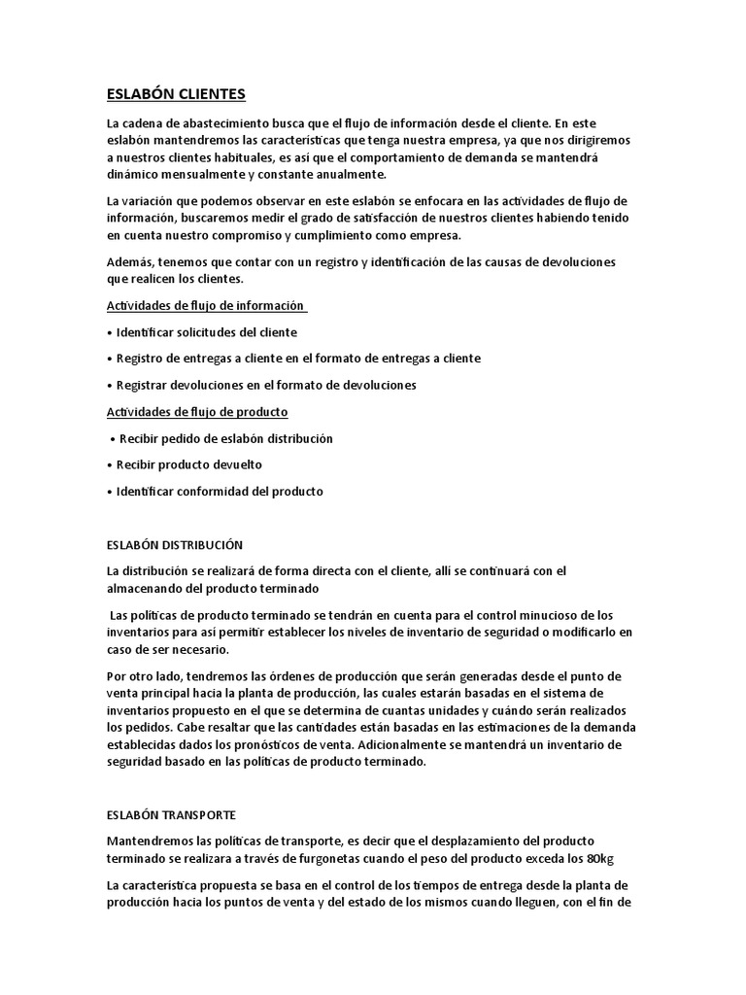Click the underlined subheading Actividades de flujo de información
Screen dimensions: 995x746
(x=205, y=306)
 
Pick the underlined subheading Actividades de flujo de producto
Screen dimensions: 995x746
(x=197, y=412)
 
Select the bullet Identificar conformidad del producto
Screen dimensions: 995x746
(x=220, y=492)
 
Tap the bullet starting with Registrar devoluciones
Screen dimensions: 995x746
(x=253, y=385)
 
